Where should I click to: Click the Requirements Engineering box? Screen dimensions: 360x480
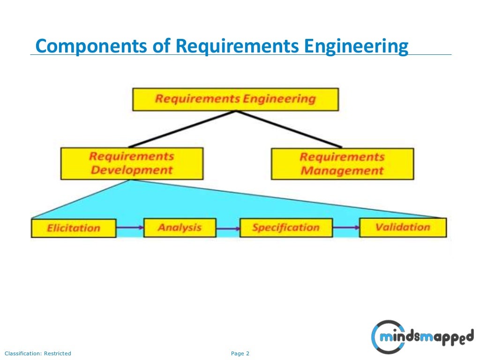(235, 99)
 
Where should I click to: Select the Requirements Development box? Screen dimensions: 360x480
(132, 164)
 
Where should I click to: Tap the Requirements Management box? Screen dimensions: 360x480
(342, 164)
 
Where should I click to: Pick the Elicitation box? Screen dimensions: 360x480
(74, 228)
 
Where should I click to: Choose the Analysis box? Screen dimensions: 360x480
(180, 228)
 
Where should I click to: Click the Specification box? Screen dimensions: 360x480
(285, 228)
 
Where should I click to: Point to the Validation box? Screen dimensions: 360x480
(403, 227)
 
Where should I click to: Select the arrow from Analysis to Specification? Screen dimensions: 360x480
(228, 229)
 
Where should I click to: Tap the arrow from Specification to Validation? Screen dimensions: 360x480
(346, 228)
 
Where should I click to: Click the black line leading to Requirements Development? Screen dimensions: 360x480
(183, 129)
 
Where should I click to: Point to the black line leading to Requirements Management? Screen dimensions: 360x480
(289, 129)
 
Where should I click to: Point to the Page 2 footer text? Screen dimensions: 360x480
(240, 353)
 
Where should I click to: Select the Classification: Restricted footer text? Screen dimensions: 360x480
(38, 353)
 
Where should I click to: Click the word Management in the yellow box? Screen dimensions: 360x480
(342, 171)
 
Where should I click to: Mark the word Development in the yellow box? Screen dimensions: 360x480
(132, 170)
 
